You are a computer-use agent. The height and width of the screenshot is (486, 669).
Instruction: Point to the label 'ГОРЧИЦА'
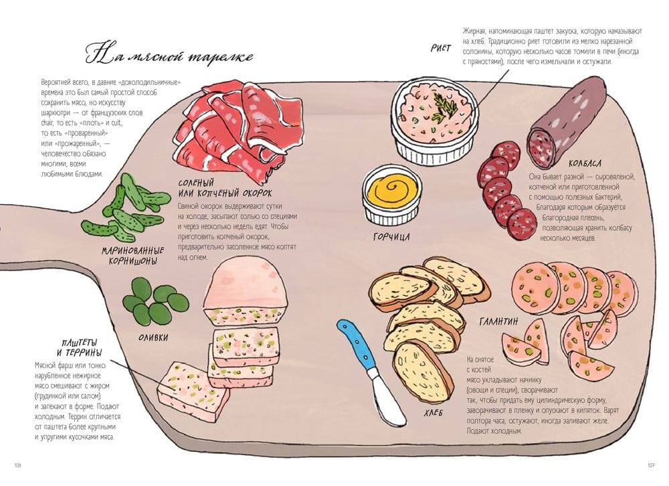tap(391, 236)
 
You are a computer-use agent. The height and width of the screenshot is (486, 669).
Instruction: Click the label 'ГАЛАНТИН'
tap(498, 321)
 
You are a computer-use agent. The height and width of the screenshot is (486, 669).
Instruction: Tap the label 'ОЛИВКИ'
tap(155, 337)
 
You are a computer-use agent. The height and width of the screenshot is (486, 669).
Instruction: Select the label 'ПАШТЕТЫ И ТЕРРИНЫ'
tap(80, 347)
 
